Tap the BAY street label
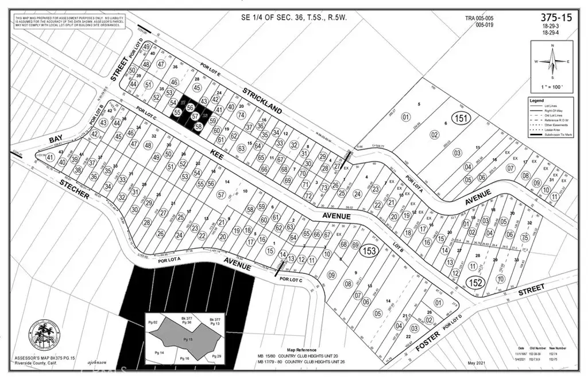click(x=55, y=140)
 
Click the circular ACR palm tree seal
click(x=44, y=336)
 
